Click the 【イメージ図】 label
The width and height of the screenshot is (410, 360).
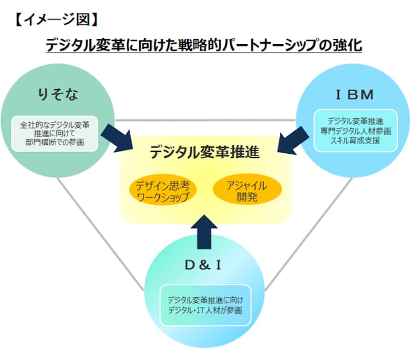[54, 19]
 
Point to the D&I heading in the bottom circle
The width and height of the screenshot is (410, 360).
[204, 266]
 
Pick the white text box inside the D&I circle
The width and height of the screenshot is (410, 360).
[204, 305]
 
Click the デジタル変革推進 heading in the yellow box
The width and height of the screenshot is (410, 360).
[204, 153]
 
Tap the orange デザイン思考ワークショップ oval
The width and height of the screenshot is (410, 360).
[162, 191]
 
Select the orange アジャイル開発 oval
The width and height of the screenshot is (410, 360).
[248, 191]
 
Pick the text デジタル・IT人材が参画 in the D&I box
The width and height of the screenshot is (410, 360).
[204, 310]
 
